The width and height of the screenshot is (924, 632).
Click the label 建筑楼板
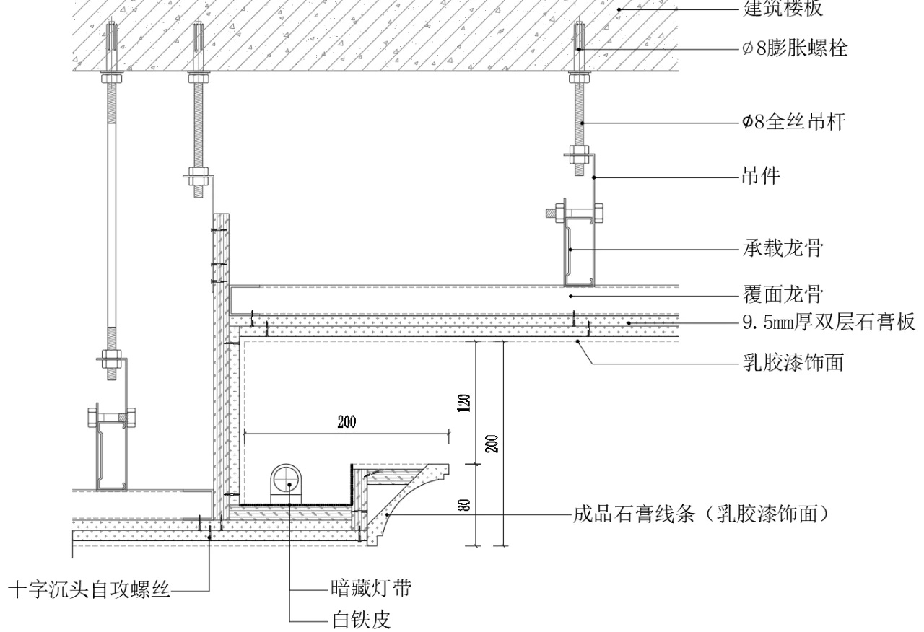click(x=782, y=9)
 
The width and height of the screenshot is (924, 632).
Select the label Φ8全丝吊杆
click(x=793, y=123)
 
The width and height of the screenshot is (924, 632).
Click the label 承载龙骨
click(x=783, y=249)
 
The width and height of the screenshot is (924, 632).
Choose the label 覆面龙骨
click(x=783, y=295)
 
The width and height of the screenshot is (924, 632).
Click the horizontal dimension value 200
click(x=346, y=422)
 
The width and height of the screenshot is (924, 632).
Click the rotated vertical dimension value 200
click(x=492, y=442)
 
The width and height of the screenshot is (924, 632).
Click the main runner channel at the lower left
click(x=113, y=455)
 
